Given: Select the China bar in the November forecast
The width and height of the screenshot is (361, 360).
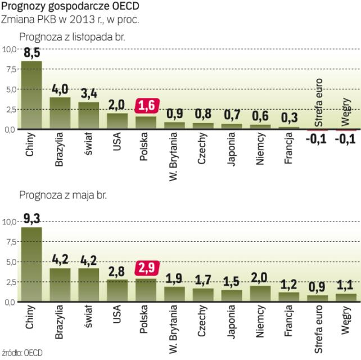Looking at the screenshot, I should [x=31, y=95].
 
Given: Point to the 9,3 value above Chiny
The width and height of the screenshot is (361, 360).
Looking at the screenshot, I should [x=31, y=217].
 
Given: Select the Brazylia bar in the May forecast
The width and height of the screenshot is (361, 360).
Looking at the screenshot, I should [x=60, y=285].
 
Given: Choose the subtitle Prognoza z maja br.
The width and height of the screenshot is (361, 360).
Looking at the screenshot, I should [x=62, y=196].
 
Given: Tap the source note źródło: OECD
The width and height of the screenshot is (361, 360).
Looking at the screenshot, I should [x=22, y=353].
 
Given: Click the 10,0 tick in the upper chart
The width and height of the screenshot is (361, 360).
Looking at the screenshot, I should [x=10, y=49].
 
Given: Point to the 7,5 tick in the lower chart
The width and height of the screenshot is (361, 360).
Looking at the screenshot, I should [x=10, y=241].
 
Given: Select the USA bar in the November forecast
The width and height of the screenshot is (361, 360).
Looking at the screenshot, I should [x=118, y=121].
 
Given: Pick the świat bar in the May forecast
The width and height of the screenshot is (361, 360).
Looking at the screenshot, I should [x=89, y=285].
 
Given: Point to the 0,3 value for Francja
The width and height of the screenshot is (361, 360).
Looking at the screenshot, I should [x=290, y=118].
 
